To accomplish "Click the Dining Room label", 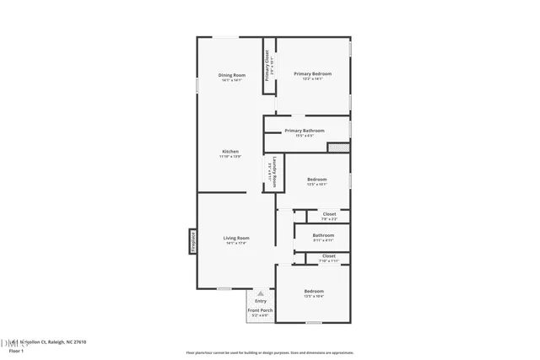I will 231,75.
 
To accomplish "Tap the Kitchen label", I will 230,152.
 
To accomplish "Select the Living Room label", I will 235,238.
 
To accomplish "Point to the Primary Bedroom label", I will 312,74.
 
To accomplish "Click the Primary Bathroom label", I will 304,131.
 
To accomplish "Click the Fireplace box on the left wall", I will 192,241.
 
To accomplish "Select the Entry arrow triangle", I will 261,293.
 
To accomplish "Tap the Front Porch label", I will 260,310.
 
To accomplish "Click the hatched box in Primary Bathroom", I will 337,148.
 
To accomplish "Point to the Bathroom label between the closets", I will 323,235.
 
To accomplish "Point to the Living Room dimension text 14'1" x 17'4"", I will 235,244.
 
